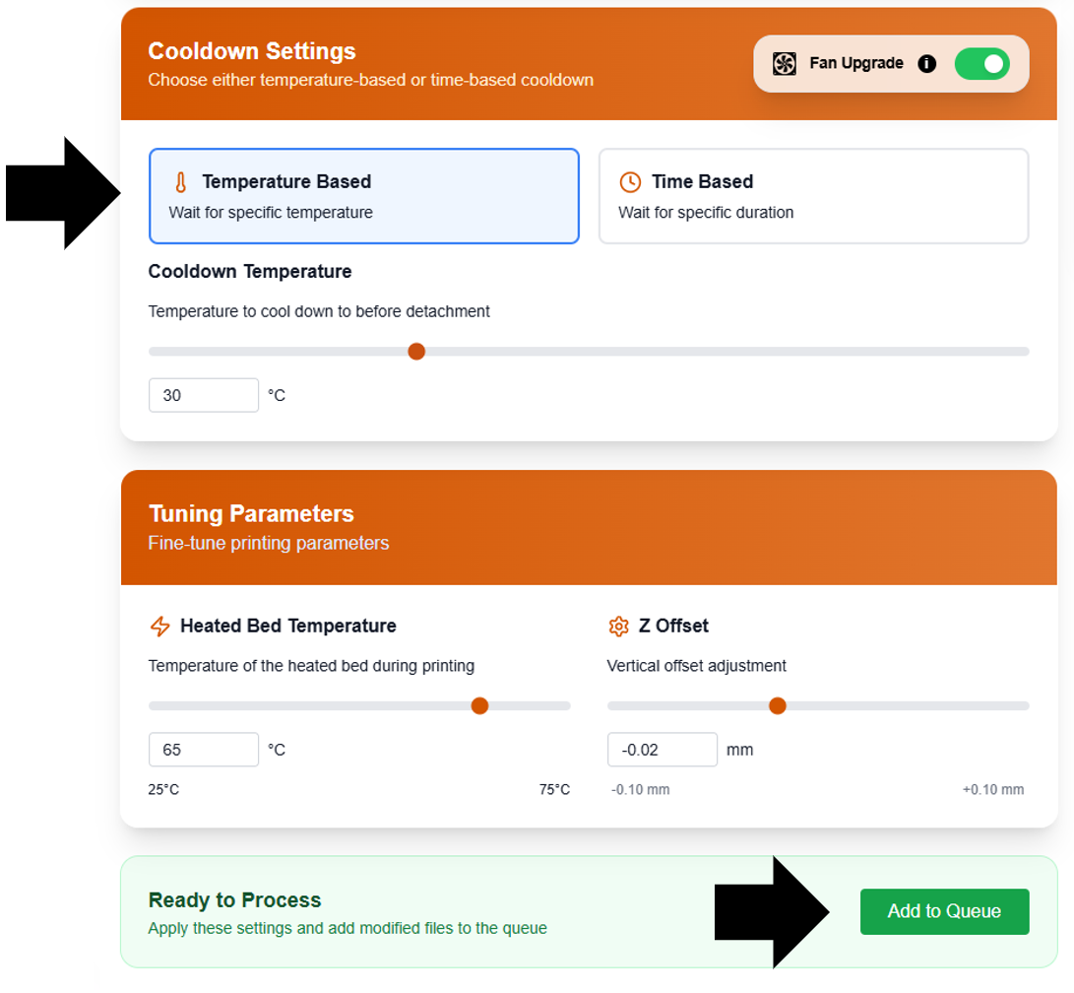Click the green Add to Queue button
tap(944, 911)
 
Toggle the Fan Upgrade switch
tap(981, 64)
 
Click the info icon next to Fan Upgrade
tap(926, 64)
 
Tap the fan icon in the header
tap(785, 64)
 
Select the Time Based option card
tap(813, 196)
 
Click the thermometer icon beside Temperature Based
tap(180, 182)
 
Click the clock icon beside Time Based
tap(630, 182)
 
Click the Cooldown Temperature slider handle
tap(416, 352)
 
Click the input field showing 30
tap(203, 395)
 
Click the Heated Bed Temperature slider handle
tap(479, 705)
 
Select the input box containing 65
tap(203, 750)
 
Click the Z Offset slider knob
tap(778, 705)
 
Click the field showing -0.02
tap(662, 750)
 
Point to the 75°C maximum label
tap(554, 790)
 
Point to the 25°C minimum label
tap(163, 790)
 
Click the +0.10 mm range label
tap(992, 790)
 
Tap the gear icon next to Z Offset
tap(618, 627)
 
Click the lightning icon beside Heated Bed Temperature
tap(159, 627)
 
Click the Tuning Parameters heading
tap(251, 513)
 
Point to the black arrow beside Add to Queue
tap(773, 912)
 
